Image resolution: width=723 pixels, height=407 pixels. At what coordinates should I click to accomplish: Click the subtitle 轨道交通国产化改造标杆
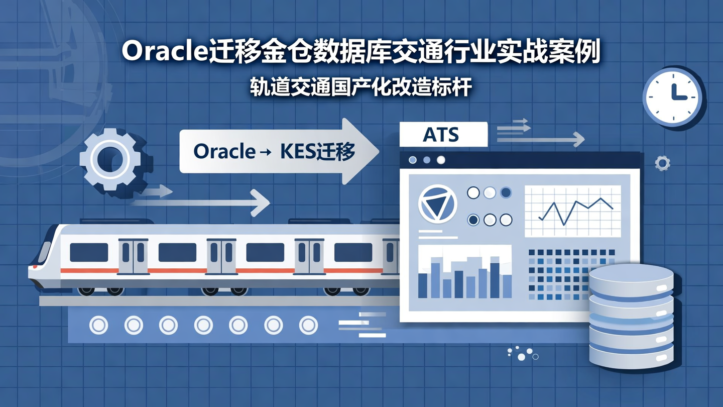pyautogui.click(x=361, y=86)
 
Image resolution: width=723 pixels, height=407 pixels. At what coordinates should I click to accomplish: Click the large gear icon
pyautogui.click(x=110, y=159)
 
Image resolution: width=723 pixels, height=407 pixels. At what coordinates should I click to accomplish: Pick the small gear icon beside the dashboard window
pyautogui.click(x=663, y=163)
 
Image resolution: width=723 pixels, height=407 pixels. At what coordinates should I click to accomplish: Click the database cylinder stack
pyautogui.click(x=631, y=317)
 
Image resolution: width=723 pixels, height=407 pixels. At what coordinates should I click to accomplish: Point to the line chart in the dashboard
pyautogui.click(x=572, y=212)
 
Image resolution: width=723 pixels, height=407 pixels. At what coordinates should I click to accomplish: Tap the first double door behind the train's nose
pyautogui.click(x=134, y=256)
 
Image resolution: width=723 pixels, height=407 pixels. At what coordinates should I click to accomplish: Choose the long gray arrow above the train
pyautogui.click(x=201, y=202)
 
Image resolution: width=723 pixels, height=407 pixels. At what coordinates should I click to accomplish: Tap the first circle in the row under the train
pyautogui.click(x=98, y=325)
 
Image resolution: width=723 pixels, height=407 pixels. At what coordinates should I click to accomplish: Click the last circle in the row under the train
pyautogui.click(x=308, y=325)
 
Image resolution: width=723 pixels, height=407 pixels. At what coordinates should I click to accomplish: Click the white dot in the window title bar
pyautogui.click(x=441, y=160)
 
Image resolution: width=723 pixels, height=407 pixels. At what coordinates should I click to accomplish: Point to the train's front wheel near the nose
pyautogui.click(x=86, y=290)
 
